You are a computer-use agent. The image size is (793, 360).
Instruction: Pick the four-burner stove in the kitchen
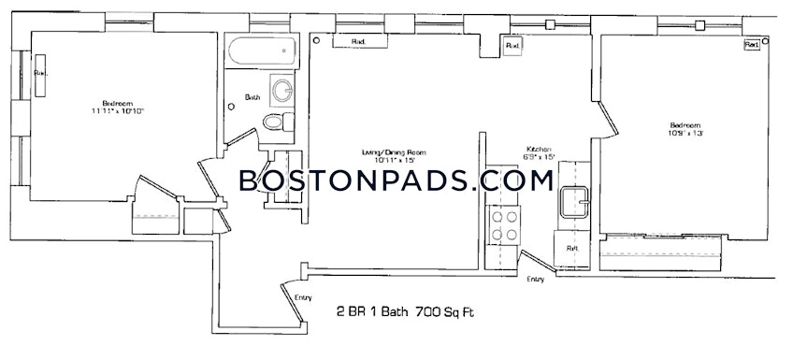(506, 224)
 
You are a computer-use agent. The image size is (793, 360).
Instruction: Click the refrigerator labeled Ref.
(572, 249)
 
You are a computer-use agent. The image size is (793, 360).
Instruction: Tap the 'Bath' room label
(252, 97)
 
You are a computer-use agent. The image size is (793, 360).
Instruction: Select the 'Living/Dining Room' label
(394, 151)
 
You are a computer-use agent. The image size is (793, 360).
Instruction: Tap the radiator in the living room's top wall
(358, 42)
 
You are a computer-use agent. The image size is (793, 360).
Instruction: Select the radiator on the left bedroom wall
(40, 74)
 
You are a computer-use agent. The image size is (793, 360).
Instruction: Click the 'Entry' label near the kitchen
(535, 280)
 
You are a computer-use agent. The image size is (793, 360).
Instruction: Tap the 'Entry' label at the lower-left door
(303, 298)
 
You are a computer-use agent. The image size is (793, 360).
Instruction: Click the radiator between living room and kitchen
(512, 46)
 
